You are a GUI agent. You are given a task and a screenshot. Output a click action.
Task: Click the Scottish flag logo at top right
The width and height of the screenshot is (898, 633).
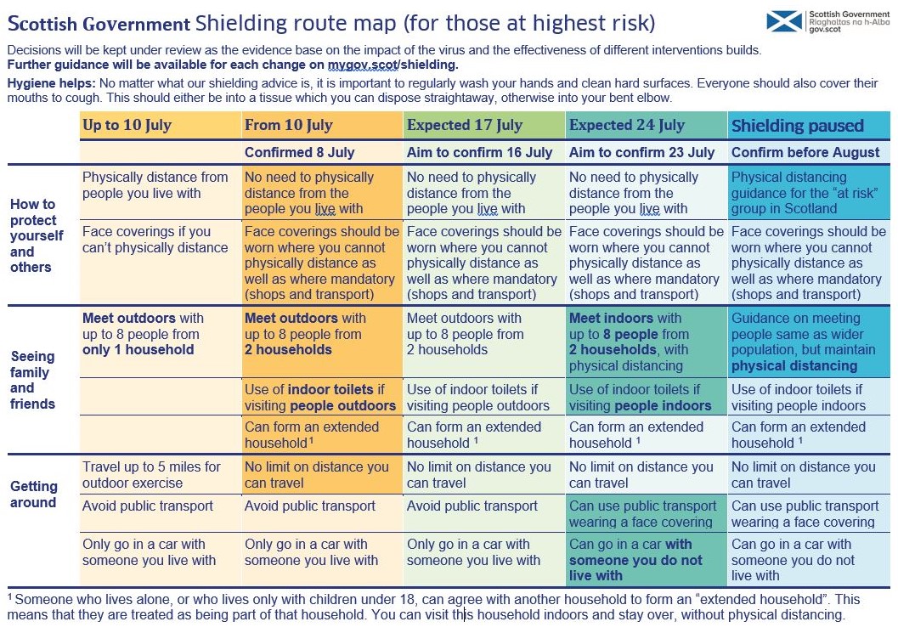point(784,21)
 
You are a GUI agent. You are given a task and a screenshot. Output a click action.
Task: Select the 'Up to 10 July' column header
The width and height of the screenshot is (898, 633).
point(127,126)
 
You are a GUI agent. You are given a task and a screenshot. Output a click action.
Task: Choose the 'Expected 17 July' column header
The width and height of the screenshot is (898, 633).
point(464,126)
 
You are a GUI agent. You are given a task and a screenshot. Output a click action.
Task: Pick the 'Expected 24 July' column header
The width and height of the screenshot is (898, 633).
point(626,126)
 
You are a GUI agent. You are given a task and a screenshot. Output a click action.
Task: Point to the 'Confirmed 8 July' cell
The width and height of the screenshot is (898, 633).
point(299,153)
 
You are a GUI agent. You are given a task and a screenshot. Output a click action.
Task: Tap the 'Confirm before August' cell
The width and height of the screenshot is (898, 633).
point(805,153)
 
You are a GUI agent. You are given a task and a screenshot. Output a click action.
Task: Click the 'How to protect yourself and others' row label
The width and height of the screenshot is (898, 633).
point(37,235)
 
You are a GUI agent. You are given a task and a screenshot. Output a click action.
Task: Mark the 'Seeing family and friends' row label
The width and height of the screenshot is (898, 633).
point(32,380)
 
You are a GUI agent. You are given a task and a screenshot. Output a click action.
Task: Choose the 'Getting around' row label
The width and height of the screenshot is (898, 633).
point(34,494)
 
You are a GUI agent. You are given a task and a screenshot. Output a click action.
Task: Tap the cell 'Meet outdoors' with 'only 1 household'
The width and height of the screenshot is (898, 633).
point(143,334)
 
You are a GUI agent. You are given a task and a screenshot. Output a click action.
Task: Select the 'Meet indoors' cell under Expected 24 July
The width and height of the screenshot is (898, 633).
point(629,342)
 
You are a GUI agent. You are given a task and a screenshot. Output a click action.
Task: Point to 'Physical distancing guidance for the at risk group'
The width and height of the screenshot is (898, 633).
point(805,193)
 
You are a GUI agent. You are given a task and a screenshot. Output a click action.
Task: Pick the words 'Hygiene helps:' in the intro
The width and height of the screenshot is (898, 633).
point(51,83)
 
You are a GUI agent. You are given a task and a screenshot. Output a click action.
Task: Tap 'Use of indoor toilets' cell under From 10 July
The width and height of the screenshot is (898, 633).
point(320,398)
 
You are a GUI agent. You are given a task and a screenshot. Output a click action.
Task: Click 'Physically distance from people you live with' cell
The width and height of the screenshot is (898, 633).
point(155,185)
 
